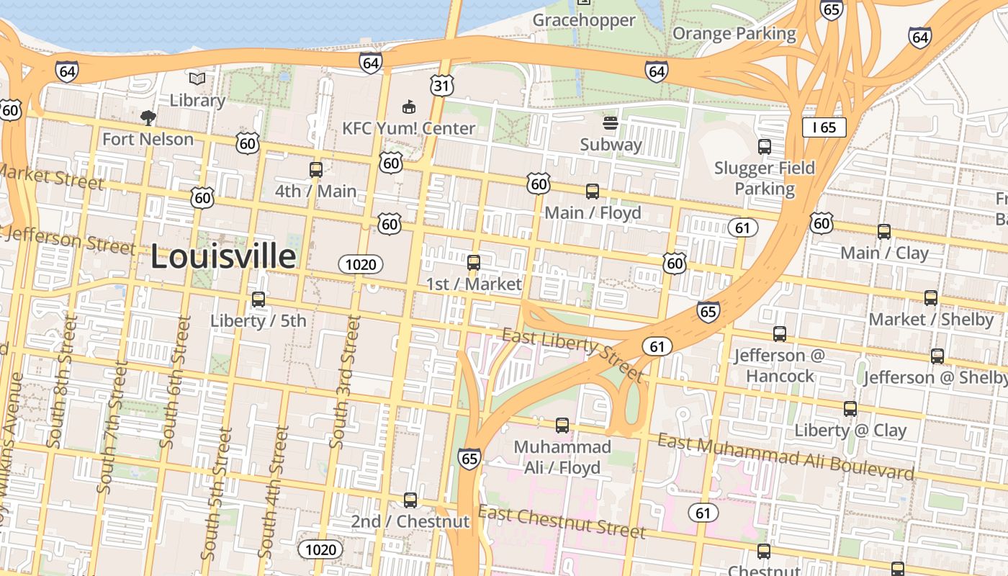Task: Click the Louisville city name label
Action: coord(222,257)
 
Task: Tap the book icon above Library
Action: coord(197,78)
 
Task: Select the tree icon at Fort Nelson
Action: coord(148,117)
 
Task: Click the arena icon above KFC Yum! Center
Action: coord(408,107)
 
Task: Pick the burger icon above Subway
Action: coord(611,124)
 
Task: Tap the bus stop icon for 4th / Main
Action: coord(315,170)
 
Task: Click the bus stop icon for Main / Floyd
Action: coord(592,192)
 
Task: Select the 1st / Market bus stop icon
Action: coord(473,263)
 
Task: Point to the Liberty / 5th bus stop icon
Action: coord(258,300)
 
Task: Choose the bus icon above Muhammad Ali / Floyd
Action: coord(562,426)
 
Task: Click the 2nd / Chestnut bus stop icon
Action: coord(410,500)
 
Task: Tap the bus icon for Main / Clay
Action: coord(883,232)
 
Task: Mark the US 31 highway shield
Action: coord(442,86)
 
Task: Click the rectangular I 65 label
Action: coord(824,127)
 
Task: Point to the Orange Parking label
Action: coord(734,34)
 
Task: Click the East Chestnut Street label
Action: coord(562,522)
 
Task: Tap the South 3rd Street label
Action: coord(345,382)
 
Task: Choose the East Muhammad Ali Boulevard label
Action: coord(786,456)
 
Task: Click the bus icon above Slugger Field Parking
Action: coord(764,147)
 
